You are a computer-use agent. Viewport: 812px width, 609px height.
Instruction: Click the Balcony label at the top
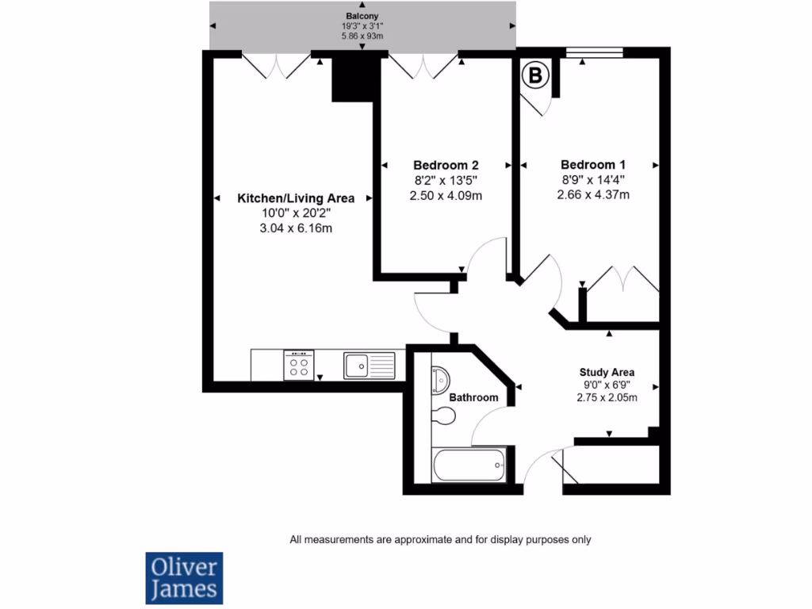click(x=362, y=16)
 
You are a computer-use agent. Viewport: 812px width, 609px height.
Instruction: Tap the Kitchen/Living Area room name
click(x=296, y=198)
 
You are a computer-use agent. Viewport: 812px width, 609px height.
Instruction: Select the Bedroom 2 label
click(x=446, y=165)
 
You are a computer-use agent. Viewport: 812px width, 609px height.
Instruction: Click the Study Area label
click(x=607, y=372)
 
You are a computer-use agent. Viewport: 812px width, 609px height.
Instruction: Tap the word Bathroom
click(x=473, y=397)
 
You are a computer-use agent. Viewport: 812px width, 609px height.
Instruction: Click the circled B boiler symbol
click(x=536, y=76)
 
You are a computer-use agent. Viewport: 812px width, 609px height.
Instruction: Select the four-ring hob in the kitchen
click(x=299, y=366)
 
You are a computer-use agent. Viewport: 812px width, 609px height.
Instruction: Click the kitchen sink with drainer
click(x=369, y=366)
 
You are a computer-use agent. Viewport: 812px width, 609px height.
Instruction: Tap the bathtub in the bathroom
click(x=469, y=465)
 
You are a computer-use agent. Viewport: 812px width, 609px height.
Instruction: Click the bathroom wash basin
click(x=439, y=381)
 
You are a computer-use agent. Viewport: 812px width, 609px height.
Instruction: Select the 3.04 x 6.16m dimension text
click(x=296, y=228)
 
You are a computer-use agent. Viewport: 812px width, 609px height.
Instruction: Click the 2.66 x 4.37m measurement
click(x=593, y=195)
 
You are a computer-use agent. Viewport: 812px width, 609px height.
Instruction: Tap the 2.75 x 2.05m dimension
click(x=607, y=398)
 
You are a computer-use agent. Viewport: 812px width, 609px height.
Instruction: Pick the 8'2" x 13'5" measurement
click(x=446, y=180)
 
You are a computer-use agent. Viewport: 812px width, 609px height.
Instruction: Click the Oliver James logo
click(x=184, y=578)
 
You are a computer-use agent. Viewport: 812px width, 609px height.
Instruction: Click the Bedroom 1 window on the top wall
click(x=594, y=53)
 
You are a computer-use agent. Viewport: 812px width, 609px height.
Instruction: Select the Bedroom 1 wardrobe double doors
click(x=622, y=282)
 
